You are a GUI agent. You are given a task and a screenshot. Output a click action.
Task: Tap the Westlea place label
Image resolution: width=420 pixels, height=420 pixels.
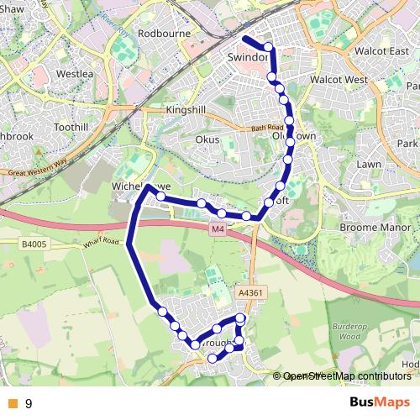pos(75,73)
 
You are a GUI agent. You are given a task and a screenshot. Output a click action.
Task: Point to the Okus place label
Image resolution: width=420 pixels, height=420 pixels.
pos(207,139)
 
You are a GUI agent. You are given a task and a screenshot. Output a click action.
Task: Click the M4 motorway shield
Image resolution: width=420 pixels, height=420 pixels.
pos(218,228)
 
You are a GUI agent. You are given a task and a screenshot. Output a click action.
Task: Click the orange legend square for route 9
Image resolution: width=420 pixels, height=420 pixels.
pos(11,404)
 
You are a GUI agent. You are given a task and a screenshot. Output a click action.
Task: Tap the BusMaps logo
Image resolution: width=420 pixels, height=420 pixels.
pos(381,403)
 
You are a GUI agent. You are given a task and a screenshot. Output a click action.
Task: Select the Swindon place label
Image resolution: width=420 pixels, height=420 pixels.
pos(248,58)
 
